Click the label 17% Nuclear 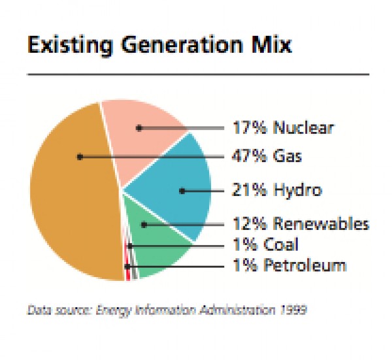click(282, 127)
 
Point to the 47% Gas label click(267, 157)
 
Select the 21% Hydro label click(277, 191)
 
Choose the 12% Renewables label click(301, 224)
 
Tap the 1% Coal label click(266, 245)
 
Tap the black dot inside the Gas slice click(79, 157)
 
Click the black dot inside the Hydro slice click(182, 191)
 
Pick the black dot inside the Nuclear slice click(139, 128)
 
